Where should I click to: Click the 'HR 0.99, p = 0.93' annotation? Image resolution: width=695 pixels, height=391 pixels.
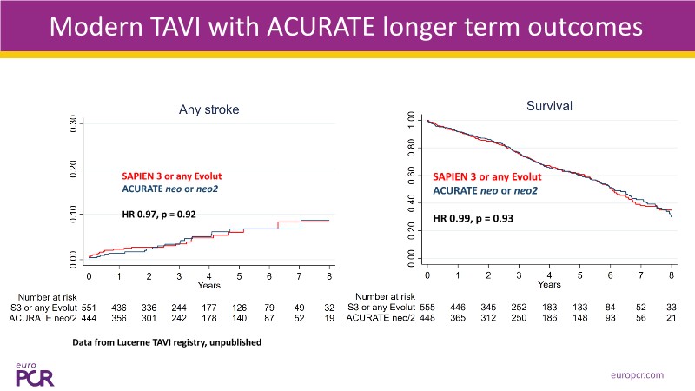coord(473,218)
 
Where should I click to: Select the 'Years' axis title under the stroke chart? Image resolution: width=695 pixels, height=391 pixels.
coord(208,285)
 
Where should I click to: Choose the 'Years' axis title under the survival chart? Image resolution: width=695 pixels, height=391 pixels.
coord(548,284)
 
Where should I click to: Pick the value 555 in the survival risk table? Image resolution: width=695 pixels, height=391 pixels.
coord(427,307)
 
